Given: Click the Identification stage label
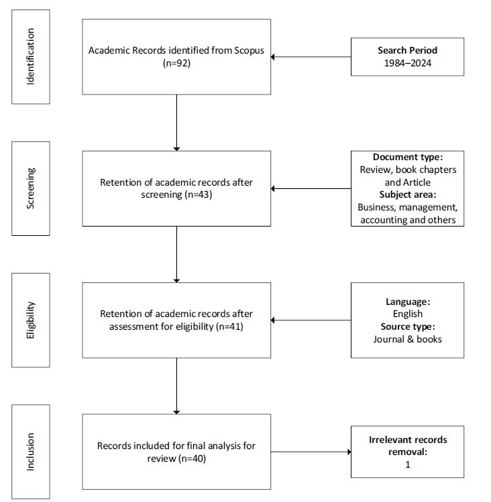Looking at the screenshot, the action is tap(30, 57).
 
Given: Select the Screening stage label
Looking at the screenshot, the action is tap(30, 188).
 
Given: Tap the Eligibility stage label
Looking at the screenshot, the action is tap(30, 320).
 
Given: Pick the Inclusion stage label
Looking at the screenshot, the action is tap(30, 452).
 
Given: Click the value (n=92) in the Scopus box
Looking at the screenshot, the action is tap(176, 63).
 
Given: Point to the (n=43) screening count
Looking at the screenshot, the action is tap(199, 194).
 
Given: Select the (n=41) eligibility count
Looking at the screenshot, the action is tap(229, 326).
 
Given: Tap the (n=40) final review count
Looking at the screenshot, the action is tap(192, 458).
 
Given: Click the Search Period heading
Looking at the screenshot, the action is tap(407, 50).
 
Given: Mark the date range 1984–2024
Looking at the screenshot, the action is tap(407, 63).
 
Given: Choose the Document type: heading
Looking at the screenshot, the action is tap(408, 157).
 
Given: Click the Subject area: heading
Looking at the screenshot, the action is tap(408, 194).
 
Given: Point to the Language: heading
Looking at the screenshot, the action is tap(408, 302).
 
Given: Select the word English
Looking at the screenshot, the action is tap(408, 314).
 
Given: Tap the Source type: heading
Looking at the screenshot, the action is tap(408, 326).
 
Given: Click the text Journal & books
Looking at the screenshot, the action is tap(407, 339).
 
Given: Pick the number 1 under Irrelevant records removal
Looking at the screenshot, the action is tap(408, 464).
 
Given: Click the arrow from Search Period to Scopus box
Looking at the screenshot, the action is tap(311, 57).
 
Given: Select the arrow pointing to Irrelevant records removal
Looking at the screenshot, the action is tap(311, 452).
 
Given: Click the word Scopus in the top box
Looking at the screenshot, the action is tap(249, 50).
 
